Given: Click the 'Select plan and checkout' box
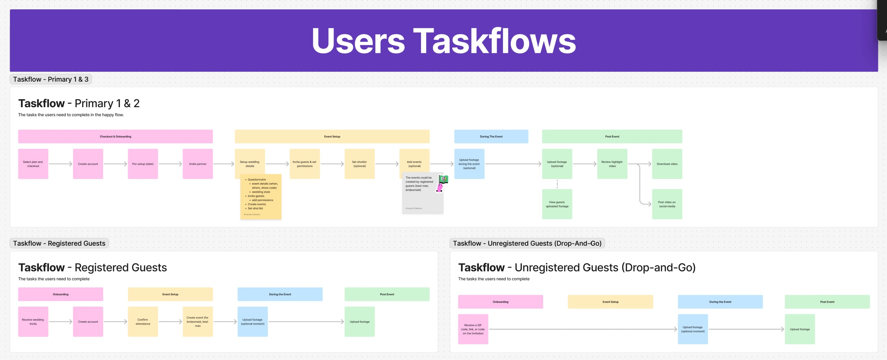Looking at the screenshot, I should pyautogui.click(x=33, y=164).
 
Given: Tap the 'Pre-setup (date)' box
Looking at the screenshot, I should pyautogui.click(x=143, y=164).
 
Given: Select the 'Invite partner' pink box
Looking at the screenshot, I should pyautogui.click(x=198, y=164).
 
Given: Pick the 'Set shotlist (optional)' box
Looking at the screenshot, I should pyautogui.click(x=360, y=164).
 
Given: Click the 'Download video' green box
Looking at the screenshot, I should pyautogui.click(x=667, y=164).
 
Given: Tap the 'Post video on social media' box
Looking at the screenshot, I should pyautogui.click(x=667, y=204).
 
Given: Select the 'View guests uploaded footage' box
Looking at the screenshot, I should pyautogui.click(x=557, y=204).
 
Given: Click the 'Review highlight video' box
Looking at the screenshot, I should pyautogui.click(x=612, y=164).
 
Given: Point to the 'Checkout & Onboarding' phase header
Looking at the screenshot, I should pyautogui.click(x=115, y=137).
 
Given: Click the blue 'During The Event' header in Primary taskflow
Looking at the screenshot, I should pyautogui.click(x=491, y=137).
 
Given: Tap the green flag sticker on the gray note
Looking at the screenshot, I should pyautogui.click(x=443, y=179).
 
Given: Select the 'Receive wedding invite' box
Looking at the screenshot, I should pyautogui.click(x=33, y=321).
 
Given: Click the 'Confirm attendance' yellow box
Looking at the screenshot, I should pyautogui.click(x=143, y=321).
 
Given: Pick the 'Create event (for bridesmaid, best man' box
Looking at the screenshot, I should pyautogui.click(x=198, y=321).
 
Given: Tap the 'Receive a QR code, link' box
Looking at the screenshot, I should pyautogui.click(x=473, y=329).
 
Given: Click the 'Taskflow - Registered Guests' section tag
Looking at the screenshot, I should pyautogui.click(x=59, y=243).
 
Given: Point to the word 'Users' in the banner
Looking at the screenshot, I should pyautogui.click(x=358, y=41).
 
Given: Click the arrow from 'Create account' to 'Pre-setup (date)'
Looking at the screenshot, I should pyautogui.click(x=115, y=164).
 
